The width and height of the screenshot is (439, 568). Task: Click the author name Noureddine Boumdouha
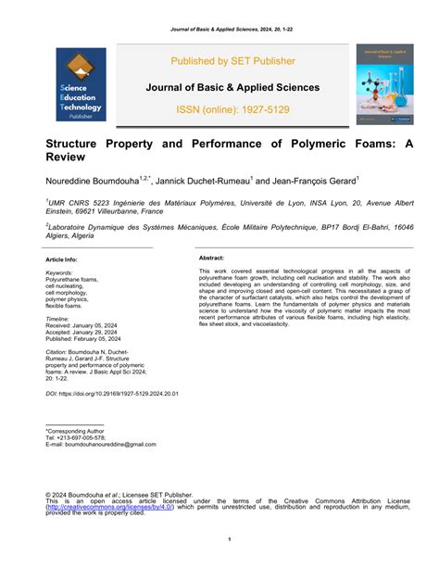coord(92,181)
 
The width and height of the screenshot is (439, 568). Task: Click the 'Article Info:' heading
coord(62,260)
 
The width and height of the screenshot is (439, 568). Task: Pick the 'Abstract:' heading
coord(213,258)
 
